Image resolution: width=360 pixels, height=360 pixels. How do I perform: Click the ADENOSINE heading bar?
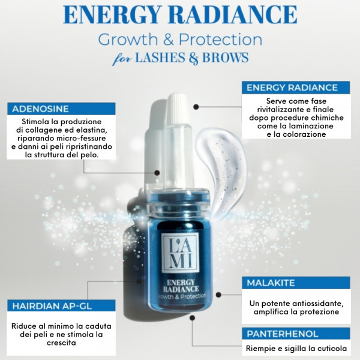pyautogui.click(x=61, y=109)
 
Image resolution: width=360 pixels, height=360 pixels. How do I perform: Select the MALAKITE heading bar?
pyautogui.click(x=296, y=283)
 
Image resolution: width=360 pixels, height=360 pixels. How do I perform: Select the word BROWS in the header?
pyautogui.click(x=225, y=57)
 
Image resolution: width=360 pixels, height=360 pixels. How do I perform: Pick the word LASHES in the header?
pyautogui.click(x=160, y=57)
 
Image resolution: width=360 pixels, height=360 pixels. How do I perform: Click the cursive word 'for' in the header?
pyautogui.click(x=122, y=59)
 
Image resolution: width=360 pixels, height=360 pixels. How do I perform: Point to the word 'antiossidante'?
pyautogui.click(x=318, y=304)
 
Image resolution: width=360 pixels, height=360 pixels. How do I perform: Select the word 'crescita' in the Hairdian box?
pyautogui.click(x=61, y=343)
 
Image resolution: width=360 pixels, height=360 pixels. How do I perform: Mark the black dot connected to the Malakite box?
pyautogui.click(x=218, y=295)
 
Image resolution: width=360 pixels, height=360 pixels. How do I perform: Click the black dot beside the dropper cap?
pyautogui.click(x=196, y=107)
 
